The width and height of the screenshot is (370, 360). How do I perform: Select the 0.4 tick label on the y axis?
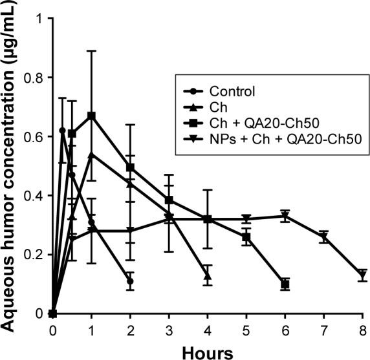[36, 196]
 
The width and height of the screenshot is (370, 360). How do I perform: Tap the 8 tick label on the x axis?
[362, 329]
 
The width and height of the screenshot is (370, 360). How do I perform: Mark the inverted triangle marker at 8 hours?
[363, 276]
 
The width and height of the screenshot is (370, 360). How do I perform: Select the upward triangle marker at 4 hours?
[208, 276]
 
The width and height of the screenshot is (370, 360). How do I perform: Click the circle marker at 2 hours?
[130, 282]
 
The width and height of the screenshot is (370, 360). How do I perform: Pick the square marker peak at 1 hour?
[91, 116]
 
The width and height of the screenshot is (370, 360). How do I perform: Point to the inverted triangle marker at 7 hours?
[324, 237]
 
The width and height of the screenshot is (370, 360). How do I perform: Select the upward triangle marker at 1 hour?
[91, 154]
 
